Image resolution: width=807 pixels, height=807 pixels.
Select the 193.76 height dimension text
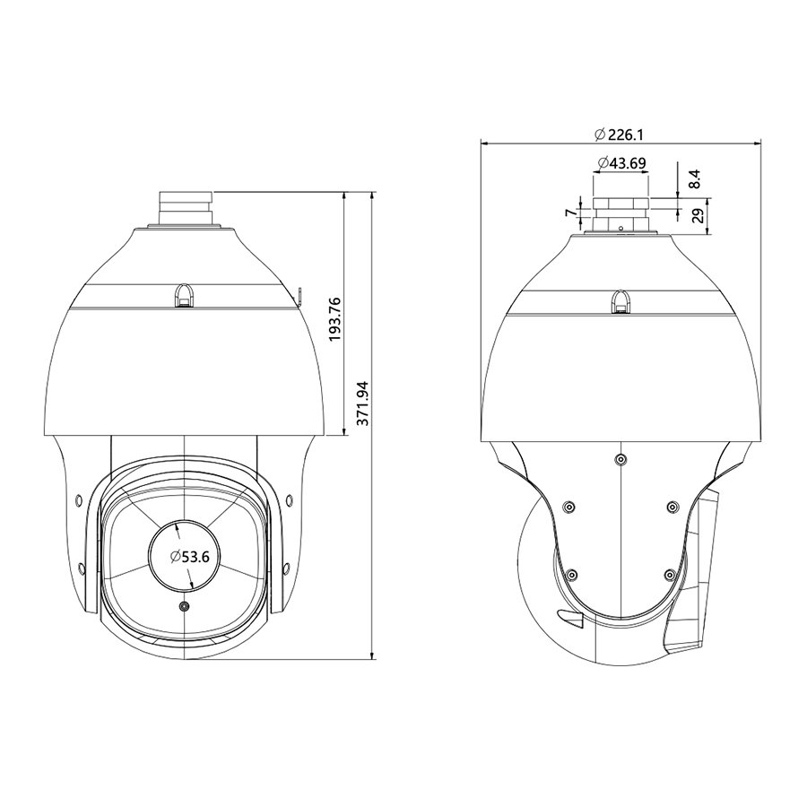pyautogui.click(x=335, y=319)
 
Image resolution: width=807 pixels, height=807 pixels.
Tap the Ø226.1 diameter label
pyautogui.click(x=619, y=134)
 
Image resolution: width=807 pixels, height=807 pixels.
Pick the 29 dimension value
pyautogui.click(x=698, y=215)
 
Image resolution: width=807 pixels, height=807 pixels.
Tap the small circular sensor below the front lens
pyautogui.click(x=184, y=607)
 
